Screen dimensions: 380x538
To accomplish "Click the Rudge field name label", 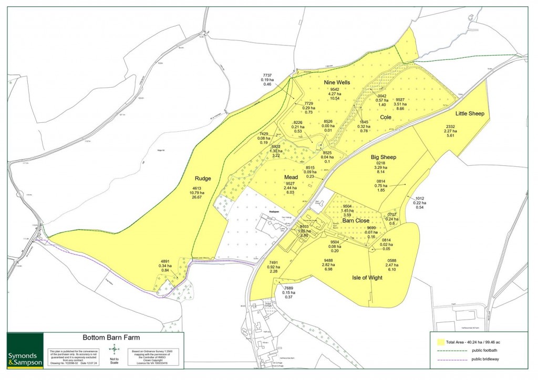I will pos(202,178).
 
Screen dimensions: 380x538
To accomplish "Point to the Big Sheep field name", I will pos(384,157).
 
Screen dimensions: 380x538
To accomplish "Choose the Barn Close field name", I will pos(357,221).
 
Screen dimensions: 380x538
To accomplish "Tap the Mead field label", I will pos(291,177).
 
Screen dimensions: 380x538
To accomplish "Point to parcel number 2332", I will pos(450,126).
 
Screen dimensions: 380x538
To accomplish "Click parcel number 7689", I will pos(288,288).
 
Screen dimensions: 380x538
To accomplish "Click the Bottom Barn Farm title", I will pos(111,338).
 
